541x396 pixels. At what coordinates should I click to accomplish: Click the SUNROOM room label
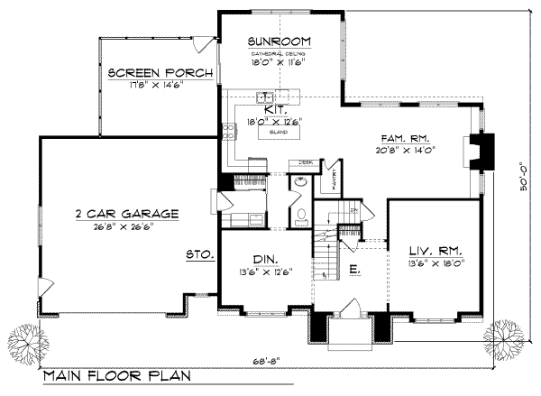pos(280,41)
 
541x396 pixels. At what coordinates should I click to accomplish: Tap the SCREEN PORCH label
pos(160,73)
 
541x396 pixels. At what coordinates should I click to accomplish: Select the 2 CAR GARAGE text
pos(126,214)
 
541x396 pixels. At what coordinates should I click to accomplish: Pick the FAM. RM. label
pos(404,139)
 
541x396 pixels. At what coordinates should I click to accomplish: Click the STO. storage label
pos(198,255)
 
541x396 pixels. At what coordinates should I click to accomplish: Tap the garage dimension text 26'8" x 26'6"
pos(126,227)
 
